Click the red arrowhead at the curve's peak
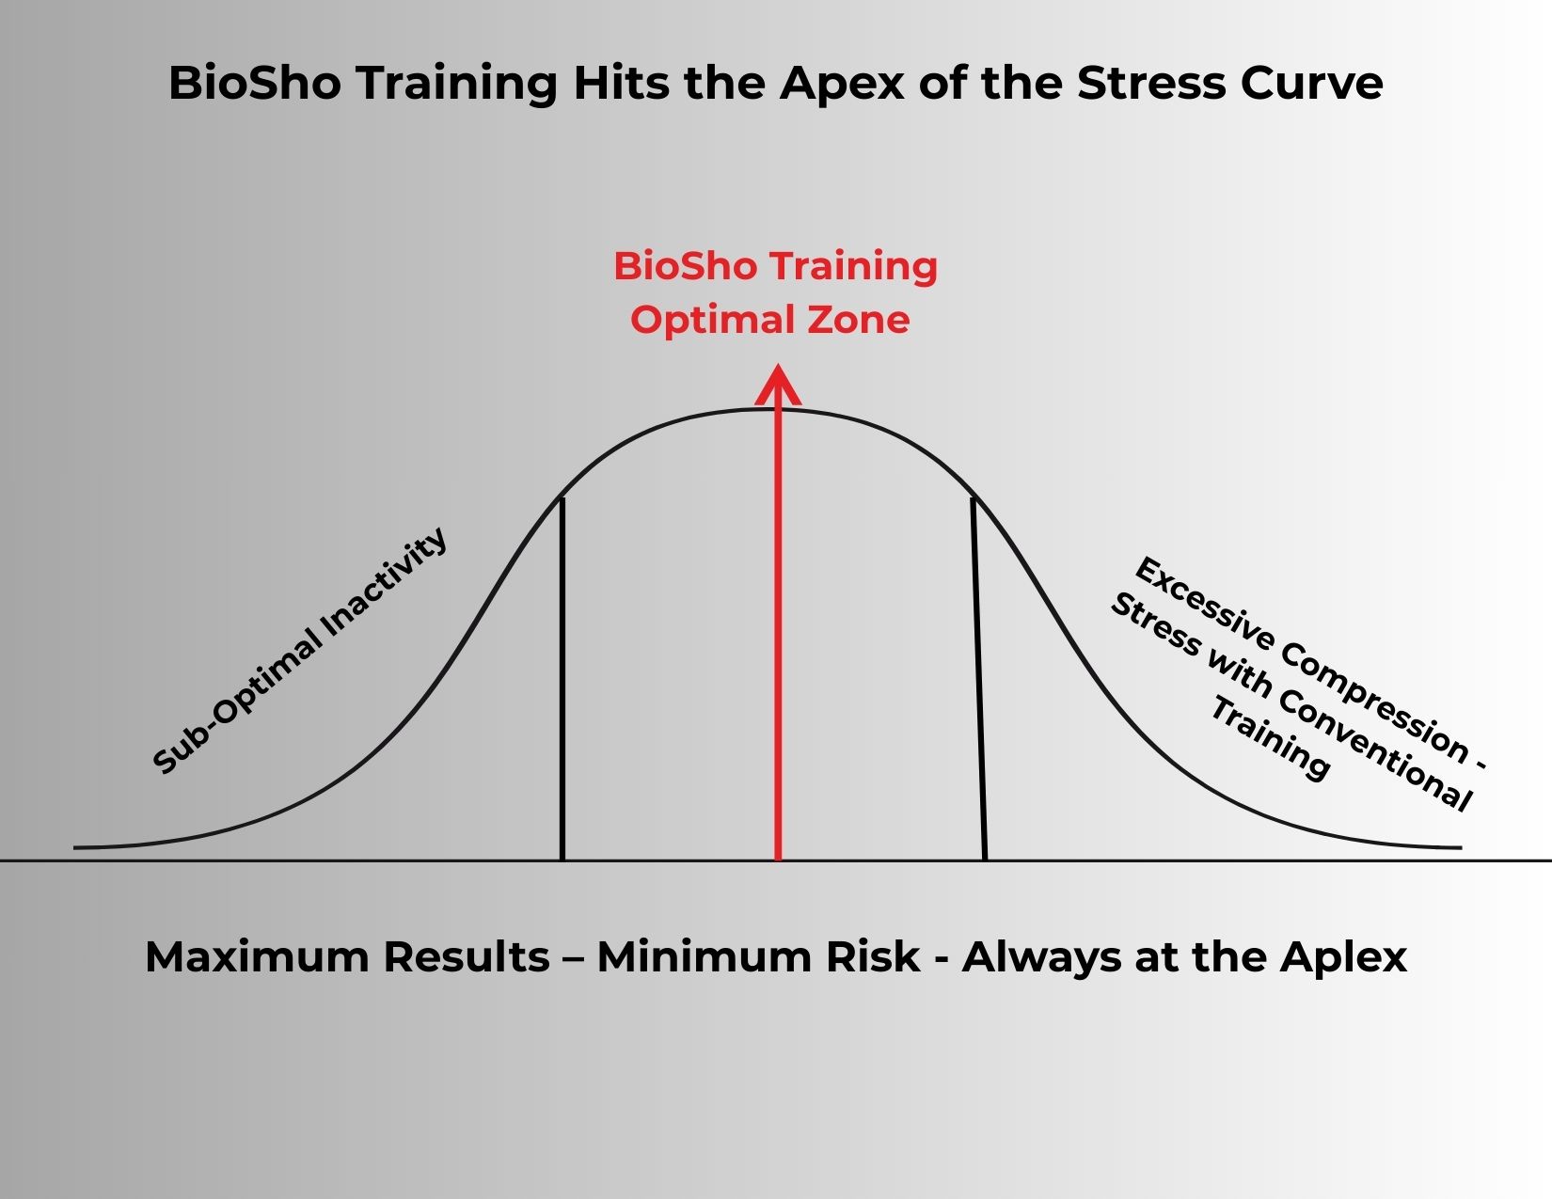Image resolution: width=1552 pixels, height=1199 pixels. pos(778,385)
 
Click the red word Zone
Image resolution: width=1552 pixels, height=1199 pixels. pos(859,319)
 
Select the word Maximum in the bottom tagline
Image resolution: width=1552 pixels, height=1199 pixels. pos(257,957)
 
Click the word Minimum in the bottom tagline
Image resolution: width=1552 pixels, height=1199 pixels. pos(705,957)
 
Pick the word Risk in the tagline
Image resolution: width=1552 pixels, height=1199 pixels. pos(873,957)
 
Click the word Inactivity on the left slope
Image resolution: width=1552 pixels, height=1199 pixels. pos(383,585)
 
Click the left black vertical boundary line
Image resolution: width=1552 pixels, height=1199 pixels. pos(562,679)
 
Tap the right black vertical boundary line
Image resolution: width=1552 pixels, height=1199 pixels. pos(978,679)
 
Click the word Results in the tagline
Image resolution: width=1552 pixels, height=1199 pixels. pos(467,957)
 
